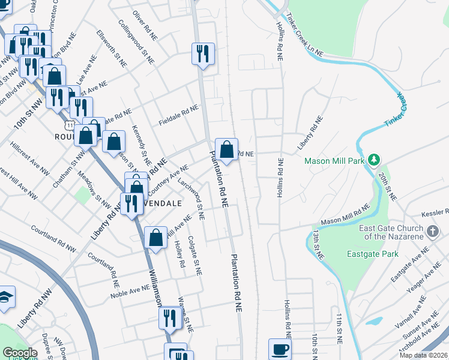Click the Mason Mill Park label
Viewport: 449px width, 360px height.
coord(334,161)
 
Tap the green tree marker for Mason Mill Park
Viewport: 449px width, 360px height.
coord(374,160)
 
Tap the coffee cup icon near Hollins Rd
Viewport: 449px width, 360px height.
coord(280,349)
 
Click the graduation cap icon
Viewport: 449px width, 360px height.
coord(5,297)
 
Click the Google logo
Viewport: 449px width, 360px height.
coord(19,353)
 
